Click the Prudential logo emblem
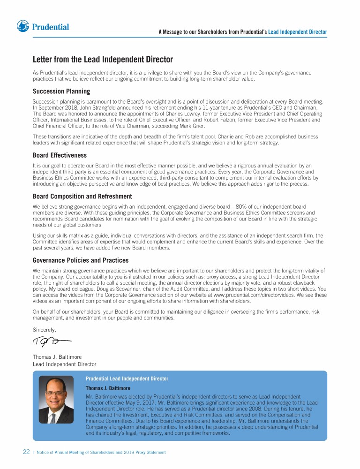23,26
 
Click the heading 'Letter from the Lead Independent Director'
103,60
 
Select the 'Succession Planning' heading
61,91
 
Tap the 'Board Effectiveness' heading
60,155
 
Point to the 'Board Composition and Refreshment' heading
82,197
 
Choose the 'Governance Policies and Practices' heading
80,260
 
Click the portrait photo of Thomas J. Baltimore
56,400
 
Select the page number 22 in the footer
26,452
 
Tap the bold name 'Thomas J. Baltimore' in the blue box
108,388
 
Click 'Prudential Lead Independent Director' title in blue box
127,378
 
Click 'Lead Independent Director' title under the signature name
64,364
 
